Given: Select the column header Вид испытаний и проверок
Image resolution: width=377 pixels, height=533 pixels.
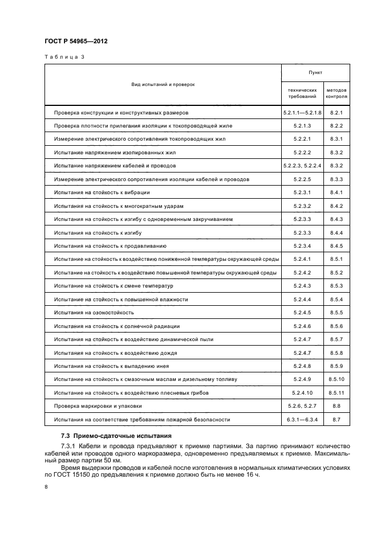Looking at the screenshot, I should pyautogui.click(x=163, y=84).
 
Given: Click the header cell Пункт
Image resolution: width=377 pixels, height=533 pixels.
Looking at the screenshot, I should pyautogui.click(x=315, y=73).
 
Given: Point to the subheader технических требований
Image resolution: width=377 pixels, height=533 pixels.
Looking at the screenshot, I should pyautogui.click(x=302, y=93).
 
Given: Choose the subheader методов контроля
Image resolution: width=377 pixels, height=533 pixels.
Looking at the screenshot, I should pyautogui.click(x=336, y=93).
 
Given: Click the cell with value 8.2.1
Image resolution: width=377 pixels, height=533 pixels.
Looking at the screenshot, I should pyautogui.click(x=336, y=113).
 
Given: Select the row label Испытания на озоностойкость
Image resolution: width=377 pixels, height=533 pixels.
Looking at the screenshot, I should pyautogui.click(x=94, y=313).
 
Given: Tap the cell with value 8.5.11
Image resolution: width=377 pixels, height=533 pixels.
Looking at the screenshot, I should pyautogui.click(x=336, y=393).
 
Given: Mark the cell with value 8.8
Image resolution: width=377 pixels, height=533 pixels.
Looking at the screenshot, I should pyautogui.click(x=336, y=406).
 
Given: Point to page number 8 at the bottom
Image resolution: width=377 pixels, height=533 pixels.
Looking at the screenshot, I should pyautogui.click(x=46, y=487).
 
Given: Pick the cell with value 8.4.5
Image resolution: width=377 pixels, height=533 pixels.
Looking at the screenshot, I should pyautogui.click(x=336, y=245).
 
